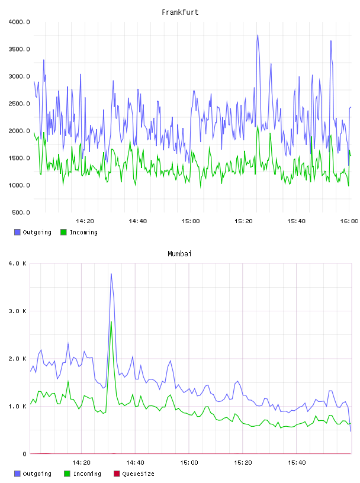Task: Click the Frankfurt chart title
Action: (180, 12)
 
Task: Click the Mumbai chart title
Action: (179, 254)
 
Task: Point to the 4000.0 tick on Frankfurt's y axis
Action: (19, 22)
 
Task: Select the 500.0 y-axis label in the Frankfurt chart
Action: (21, 212)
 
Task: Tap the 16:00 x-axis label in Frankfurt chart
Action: (349, 221)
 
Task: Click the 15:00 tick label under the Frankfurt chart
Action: (191, 221)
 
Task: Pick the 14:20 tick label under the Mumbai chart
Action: (81, 463)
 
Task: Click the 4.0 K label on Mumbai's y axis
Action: (18, 263)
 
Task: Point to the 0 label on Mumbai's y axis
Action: (25, 454)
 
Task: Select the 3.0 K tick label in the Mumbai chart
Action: (18, 311)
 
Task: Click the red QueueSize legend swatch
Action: (117, 474)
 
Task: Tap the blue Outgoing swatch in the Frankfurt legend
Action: (17, 232)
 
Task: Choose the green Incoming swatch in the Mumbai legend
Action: (67, 474)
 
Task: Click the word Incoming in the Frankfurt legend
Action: (83, 232)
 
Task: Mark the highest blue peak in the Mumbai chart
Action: (111, 273)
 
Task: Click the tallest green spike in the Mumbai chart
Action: (111, 321)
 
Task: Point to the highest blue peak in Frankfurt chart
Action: (258, 35)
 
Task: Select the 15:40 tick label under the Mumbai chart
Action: (297, 463)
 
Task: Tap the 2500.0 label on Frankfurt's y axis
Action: (19, 104)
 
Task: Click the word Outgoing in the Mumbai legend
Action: (37, 474)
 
